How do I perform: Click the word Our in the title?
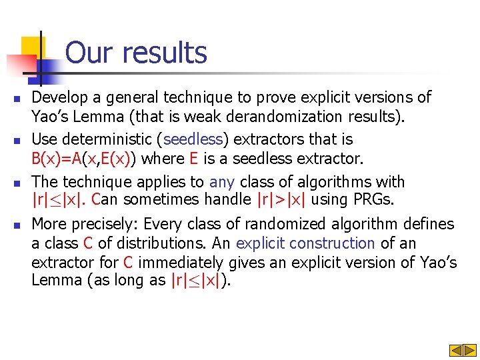point(88,53)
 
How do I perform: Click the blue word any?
point(222,181)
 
